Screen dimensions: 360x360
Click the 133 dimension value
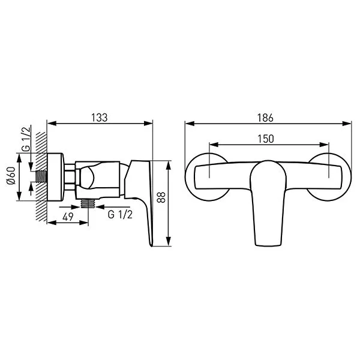point(100,118)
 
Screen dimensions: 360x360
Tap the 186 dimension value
point(265,118)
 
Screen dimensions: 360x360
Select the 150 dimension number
point(266,139)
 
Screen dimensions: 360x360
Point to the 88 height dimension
point(161,197)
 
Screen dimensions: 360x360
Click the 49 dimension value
point(68,217)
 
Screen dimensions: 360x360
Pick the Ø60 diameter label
point(11,175)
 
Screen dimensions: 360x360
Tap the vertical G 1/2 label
point(26,139)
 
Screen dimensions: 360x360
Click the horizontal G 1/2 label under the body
point(120,214)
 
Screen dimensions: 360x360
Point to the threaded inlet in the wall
point(41,177)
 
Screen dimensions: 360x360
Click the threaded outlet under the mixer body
point(88,203)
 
